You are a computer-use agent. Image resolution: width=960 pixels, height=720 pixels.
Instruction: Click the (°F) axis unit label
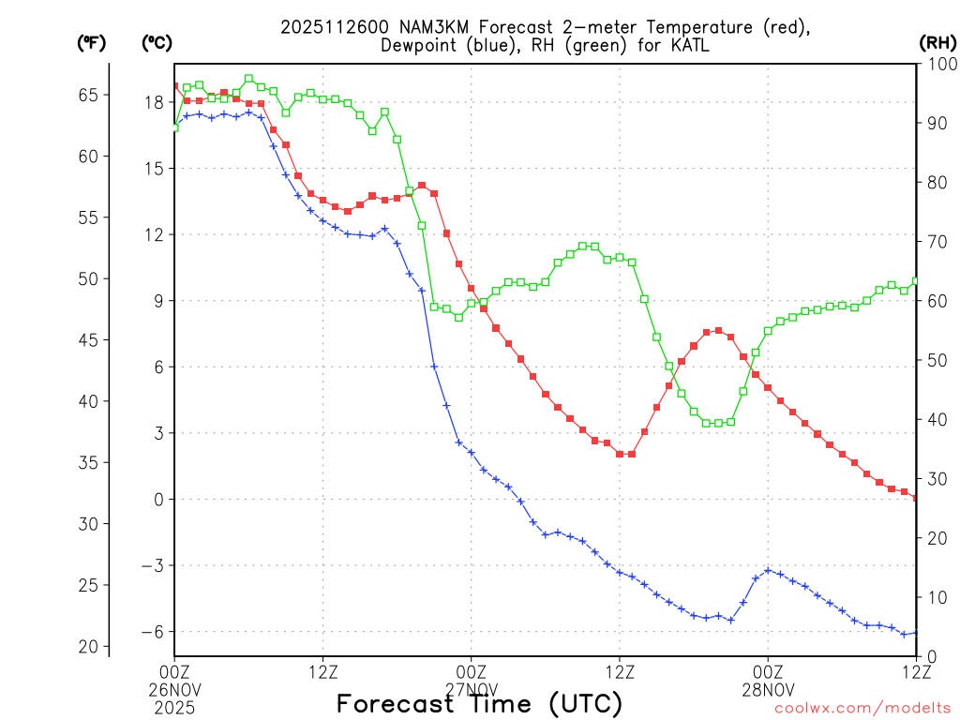click(91, 42)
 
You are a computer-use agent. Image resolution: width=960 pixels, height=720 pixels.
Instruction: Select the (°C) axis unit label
click(157, 42)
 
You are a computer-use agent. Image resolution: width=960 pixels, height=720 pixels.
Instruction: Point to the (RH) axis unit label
click(937, 42)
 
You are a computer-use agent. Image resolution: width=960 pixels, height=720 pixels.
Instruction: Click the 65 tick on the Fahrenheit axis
click(88, 95)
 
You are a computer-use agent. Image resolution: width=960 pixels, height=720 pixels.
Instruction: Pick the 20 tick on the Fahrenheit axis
click(88, 647)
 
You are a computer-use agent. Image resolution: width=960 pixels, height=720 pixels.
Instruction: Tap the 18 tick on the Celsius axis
click(154, 102)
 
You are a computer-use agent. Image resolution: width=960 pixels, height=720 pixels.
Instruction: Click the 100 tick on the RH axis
click(937, 64)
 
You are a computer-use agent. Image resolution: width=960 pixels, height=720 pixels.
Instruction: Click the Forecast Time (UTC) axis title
click(479, 704)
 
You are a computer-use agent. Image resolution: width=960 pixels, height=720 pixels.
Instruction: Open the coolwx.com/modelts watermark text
click(862, 709)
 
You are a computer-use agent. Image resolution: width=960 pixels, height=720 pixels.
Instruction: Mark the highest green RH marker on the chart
click(248, 79)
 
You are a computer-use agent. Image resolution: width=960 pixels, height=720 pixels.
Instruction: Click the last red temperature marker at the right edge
click(916, 498)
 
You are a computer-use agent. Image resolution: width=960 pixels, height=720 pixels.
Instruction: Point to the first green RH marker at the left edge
click(174, 127)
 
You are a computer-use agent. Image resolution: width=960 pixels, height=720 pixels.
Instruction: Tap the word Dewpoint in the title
click(418, 46)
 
